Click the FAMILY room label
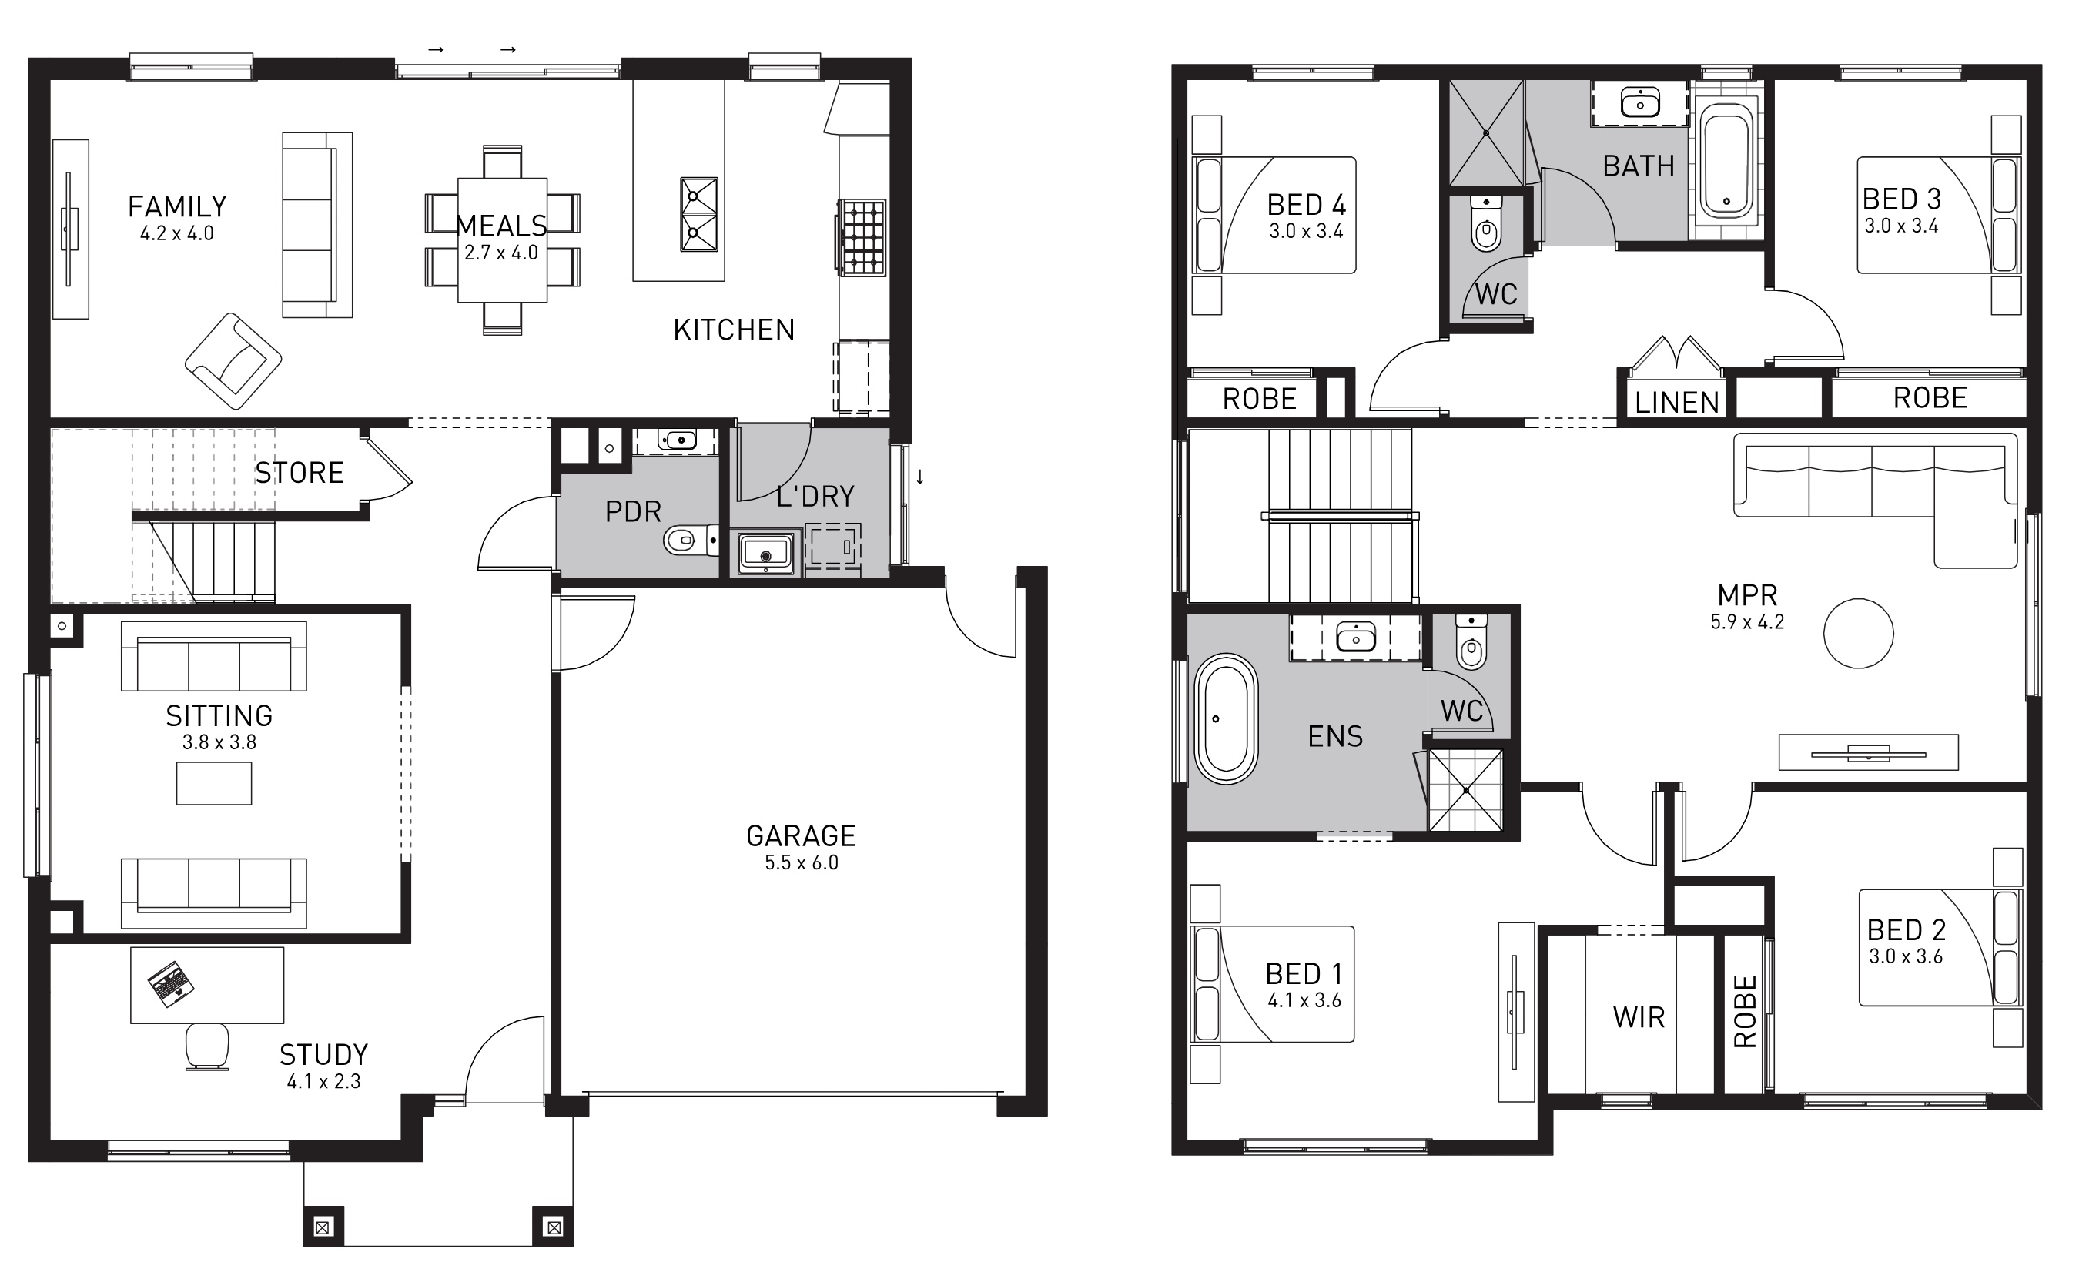[x=177, y=207]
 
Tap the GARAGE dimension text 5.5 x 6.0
[x=801, y=863]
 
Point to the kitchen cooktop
[x=862, y=237]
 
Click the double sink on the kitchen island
[x=699, y=215]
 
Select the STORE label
[x=300, y=473]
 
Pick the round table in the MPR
[x=1859, y=633]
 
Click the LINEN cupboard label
[x=1677, y=403]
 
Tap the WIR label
[x=1639, y=1017]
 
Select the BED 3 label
[x=1902, y=199]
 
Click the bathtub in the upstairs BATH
[x=1726, y=165]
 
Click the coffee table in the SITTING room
[x=213, y=783]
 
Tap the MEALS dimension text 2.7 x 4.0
[x=501, y=253]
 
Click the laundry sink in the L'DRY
[x=766, y=554]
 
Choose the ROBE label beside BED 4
[x=1259, y=400]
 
